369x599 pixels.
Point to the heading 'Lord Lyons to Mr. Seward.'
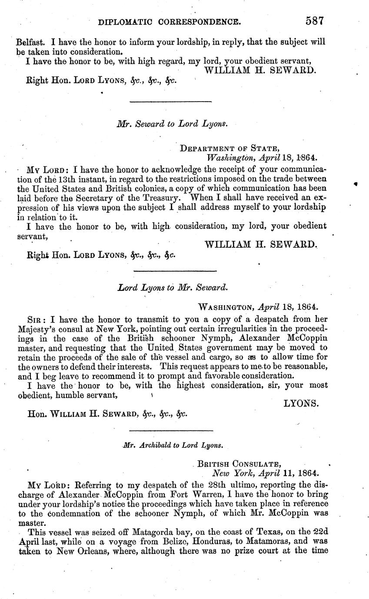(x=172, y=287)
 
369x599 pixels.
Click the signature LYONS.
(x=301, y=403)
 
